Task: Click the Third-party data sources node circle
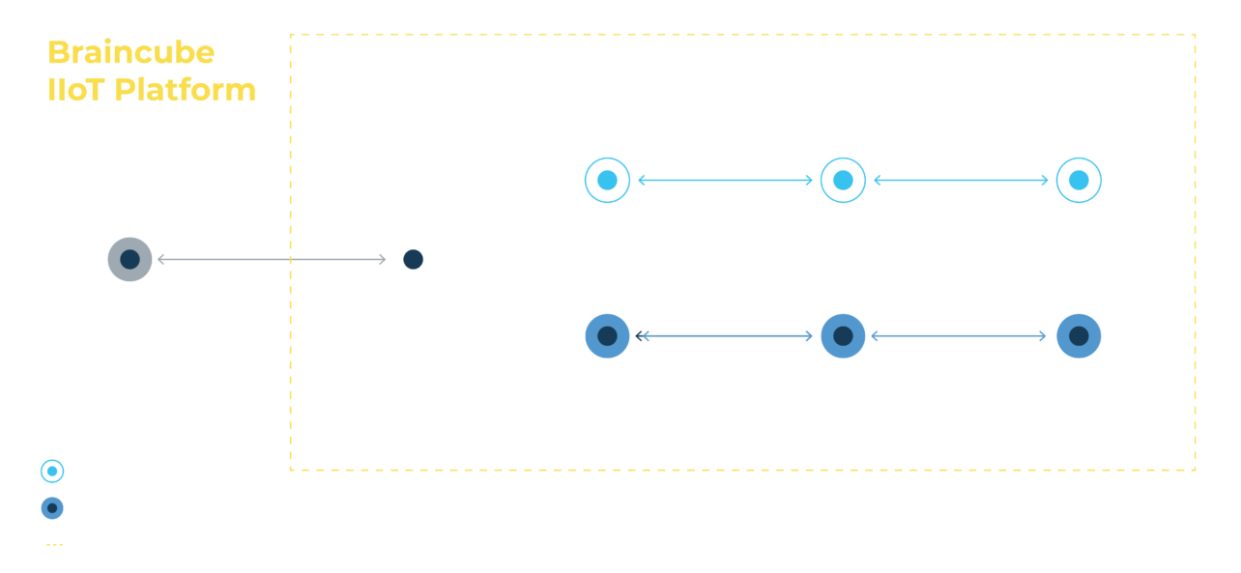130,259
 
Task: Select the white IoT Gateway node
413,259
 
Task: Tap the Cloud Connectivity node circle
607,180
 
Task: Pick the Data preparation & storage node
843,180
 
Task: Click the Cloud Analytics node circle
1079,180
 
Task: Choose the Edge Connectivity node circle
607,336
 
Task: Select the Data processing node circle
843,336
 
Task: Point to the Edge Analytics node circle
1079,336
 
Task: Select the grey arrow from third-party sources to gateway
271,259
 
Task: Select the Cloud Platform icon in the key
51,473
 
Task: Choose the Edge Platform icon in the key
51,508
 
